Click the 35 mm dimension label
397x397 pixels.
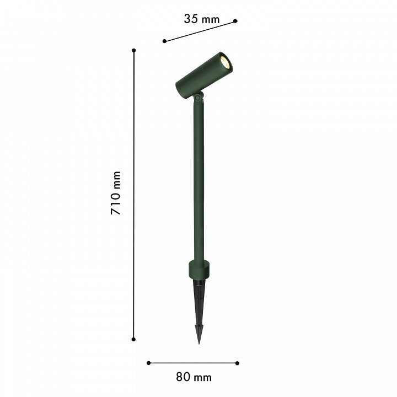(x=202, y=19)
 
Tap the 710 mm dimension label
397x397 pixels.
(x=116, y=193)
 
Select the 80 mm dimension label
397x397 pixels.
(x=194, y=377)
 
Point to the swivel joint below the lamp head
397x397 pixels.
(x=198, y=96)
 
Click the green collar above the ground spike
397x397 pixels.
(x=199, y=269)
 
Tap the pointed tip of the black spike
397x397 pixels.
(x=199, y=344)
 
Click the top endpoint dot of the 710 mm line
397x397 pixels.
(x=133, y=50)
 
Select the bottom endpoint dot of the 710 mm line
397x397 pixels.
(x=133, y=339)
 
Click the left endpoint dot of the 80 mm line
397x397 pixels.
(x=149, y=363)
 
